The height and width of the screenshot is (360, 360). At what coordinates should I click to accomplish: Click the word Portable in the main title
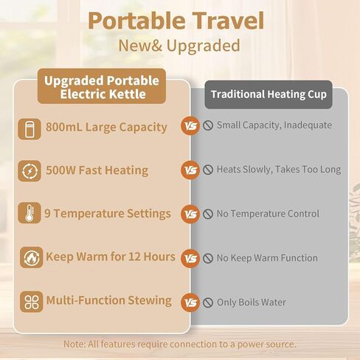(136, 21)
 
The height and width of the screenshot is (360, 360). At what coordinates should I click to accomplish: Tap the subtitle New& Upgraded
(179, 46)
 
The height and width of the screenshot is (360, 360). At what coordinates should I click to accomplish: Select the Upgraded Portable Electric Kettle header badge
(102, 86)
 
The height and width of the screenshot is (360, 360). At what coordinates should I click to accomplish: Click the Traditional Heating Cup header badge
(269, 94)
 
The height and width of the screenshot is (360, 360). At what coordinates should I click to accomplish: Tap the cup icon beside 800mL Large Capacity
(30, 129)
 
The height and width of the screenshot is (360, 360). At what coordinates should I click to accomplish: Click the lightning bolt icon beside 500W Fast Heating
(30, 171)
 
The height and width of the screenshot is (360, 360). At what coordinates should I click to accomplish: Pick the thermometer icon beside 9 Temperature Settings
(30, 213)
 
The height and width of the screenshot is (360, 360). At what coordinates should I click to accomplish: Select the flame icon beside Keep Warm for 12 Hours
(32, 257)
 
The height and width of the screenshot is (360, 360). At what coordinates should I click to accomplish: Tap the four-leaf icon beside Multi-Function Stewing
(32, 302)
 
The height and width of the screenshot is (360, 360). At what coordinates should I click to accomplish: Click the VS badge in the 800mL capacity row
(190, 126)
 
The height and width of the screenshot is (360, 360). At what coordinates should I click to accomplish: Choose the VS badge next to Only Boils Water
(190, 302)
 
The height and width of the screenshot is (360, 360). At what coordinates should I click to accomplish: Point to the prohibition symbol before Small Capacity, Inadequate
(208, 125)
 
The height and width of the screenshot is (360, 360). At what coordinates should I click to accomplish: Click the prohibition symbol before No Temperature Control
(208, 214)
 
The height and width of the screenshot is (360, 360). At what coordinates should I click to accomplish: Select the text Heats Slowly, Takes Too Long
(279, 170)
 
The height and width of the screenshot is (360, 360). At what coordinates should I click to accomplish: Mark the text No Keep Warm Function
(267, 258)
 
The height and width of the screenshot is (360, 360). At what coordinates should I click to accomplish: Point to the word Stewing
(150, 301)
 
